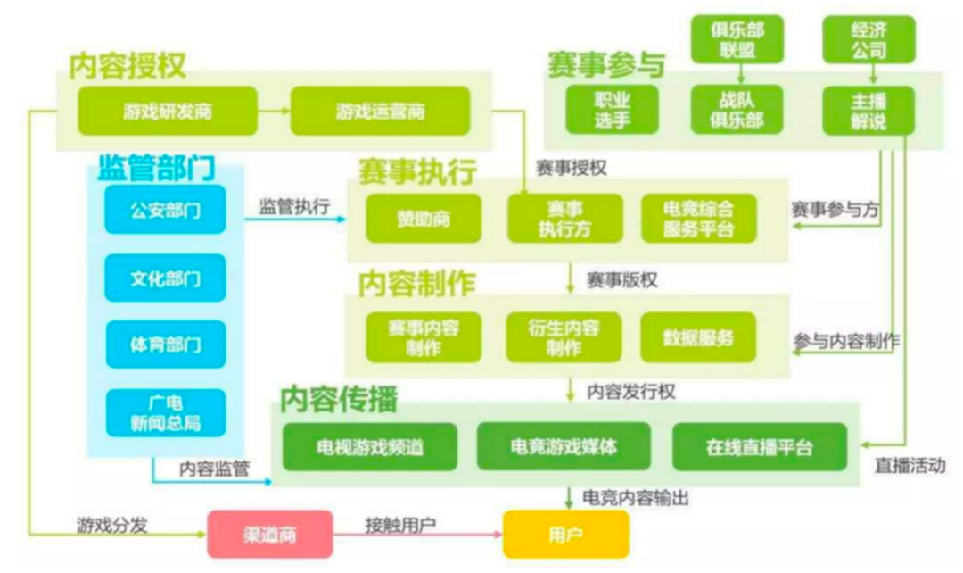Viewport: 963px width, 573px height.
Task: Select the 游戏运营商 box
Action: (380, 111)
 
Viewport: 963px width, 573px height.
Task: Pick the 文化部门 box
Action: (165, 278)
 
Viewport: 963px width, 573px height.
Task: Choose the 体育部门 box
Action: (165, 344)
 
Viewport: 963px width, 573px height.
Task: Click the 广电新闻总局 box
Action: (165, 413)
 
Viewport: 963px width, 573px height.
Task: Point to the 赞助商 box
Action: (423, 218)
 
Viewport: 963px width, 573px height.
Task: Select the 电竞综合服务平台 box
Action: (698, 218)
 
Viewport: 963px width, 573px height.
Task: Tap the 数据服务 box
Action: (698, 337)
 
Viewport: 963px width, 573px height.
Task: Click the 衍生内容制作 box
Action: (564, 337)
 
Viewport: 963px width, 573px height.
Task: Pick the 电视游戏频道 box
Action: (369, 447)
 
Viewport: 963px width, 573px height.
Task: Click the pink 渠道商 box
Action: (269, 536)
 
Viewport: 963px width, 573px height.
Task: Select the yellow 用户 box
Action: (565, 536)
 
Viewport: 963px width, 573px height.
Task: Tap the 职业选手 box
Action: (611, 110)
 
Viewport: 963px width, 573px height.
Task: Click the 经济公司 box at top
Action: (868, 39)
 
